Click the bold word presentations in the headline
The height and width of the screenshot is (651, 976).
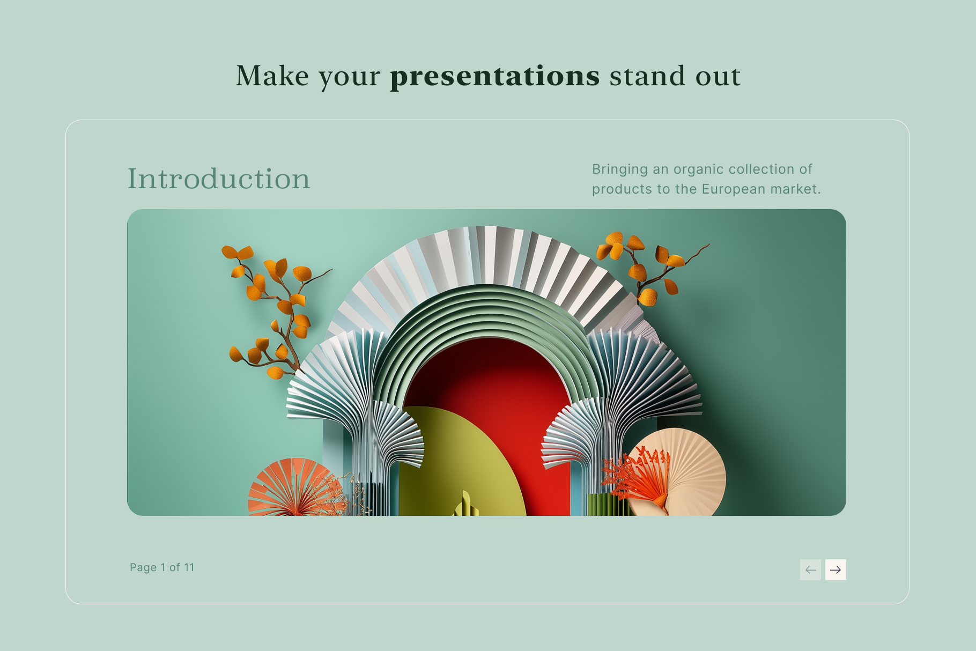(494, 76)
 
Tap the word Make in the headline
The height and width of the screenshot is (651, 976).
(272, 76)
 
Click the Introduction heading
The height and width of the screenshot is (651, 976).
(219, 178)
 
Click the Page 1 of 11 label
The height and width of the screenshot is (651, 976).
(162, 567)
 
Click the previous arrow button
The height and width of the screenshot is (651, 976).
(810, 569)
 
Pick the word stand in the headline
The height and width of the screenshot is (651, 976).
(647, 76)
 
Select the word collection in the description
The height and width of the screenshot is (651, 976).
(764, 169)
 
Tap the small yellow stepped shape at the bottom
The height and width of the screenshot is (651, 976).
(465, 504)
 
